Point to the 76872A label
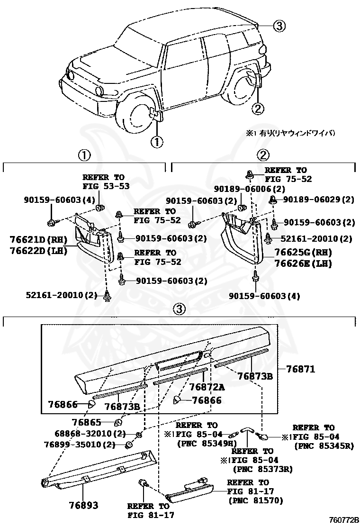point(207,387)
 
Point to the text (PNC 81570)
point(255,500)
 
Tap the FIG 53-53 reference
point(106,186)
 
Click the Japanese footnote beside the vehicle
point(293,134)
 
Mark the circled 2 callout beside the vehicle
point(257,109)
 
